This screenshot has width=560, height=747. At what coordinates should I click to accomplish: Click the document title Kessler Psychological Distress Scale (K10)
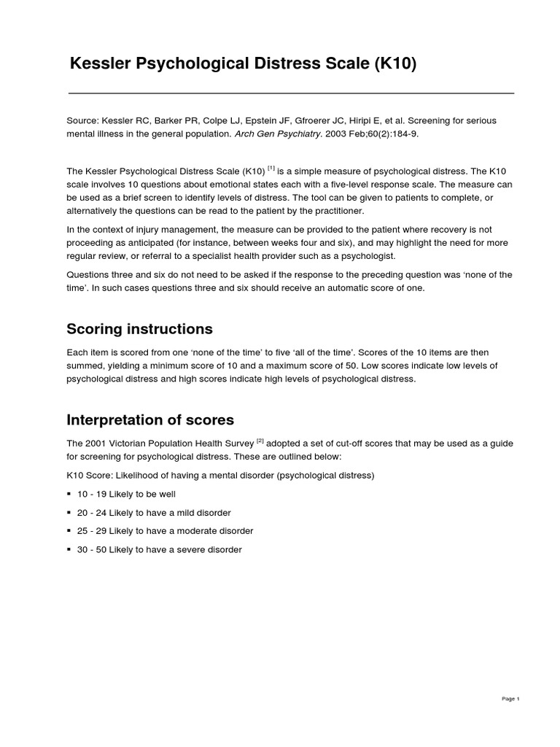[243, 64]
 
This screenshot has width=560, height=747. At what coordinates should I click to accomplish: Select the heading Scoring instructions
[139, 328]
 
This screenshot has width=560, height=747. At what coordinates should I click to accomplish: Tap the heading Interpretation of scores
[150, 419]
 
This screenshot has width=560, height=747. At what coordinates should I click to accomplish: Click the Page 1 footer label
[510, 699]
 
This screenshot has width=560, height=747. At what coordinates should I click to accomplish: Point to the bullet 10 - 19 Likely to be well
[126, 494]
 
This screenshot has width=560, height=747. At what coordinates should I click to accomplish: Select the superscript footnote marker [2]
[260, 441]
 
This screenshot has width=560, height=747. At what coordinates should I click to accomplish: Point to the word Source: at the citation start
[83, 121]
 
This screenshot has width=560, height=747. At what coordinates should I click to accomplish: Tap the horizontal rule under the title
[291, 93]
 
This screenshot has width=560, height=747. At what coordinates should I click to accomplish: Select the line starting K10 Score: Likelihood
[220, 476]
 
